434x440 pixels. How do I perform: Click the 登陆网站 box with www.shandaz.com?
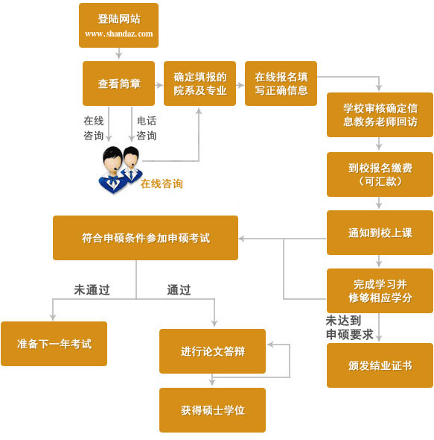coord(118,25)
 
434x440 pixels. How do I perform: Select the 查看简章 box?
coord(118,84)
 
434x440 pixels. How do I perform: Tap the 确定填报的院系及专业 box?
coord(200,84)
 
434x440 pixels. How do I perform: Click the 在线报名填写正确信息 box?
coord(281,84)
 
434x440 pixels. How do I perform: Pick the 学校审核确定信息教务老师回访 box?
coord(380,114)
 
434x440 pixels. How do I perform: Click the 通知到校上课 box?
coord(380,233)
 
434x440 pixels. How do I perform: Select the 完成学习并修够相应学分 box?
coord(380,290)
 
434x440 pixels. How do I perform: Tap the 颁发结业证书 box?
coord(380,365)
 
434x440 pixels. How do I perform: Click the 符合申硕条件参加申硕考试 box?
coord(145,238)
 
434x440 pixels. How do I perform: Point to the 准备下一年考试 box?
coord(54,344)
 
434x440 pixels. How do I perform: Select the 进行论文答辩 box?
coord(212,351)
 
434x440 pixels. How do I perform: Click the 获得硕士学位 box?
coord(212,410)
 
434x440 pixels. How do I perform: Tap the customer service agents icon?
coord(119,169)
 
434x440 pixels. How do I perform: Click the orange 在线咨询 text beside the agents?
coord(162,183)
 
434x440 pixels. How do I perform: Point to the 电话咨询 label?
coord(147,128)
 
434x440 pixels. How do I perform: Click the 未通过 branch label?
coord(92,290)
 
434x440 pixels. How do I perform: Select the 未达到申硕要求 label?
coord(349,327)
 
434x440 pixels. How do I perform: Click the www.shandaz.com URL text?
coord(118,34)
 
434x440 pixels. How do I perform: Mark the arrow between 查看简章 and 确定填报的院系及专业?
coord(159,84)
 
